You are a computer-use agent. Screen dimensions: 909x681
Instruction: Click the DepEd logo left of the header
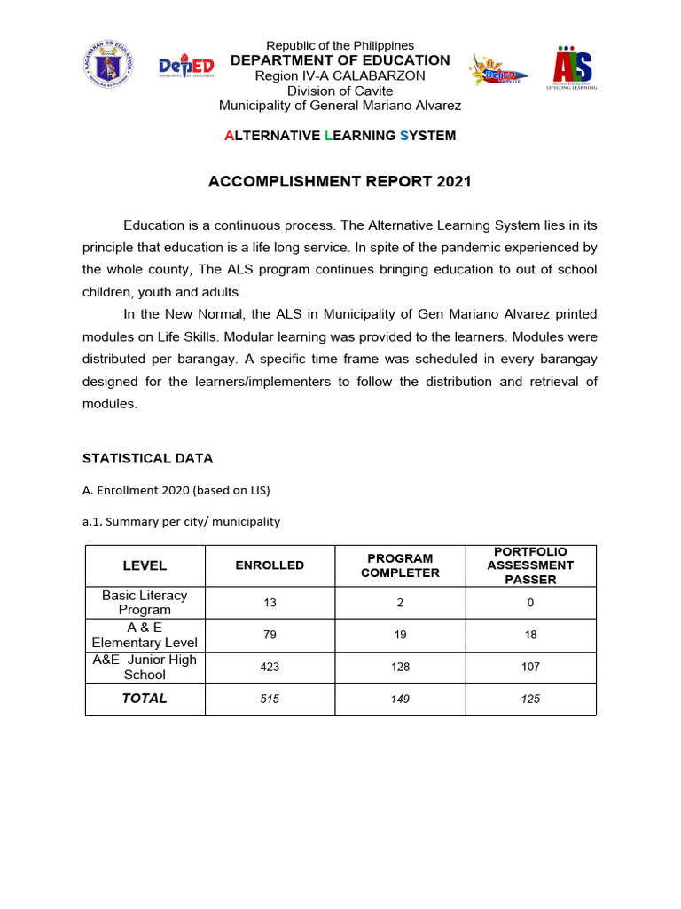[186, 67]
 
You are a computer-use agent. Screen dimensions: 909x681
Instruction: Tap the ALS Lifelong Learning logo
[573, 67]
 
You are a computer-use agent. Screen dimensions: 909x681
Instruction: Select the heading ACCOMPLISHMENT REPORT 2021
[340, 182]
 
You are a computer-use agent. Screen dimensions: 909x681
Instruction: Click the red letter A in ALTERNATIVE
[230, 136]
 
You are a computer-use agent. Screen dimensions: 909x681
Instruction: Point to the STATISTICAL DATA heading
[147, 459]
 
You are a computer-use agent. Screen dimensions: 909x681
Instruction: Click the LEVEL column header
[145, 565]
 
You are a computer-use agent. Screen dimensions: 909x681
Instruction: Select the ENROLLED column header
[270, 565]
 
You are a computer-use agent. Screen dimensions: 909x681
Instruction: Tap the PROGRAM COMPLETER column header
[400, 565]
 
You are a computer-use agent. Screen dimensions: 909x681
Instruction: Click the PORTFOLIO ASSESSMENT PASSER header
[530, 565]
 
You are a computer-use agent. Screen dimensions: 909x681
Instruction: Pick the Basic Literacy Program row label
[145, 603]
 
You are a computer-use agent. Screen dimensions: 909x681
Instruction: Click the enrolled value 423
[270, 667]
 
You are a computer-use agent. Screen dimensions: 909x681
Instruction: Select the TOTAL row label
[145, 699]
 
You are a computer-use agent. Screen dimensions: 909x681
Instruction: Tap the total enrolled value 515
[270, 699]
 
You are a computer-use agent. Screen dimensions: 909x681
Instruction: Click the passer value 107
[530, 667]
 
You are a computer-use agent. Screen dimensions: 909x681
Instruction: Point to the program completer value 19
[400, 635]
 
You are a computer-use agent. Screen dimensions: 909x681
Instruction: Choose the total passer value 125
[530, 699]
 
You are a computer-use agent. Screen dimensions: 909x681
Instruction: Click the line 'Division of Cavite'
[340, 91]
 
